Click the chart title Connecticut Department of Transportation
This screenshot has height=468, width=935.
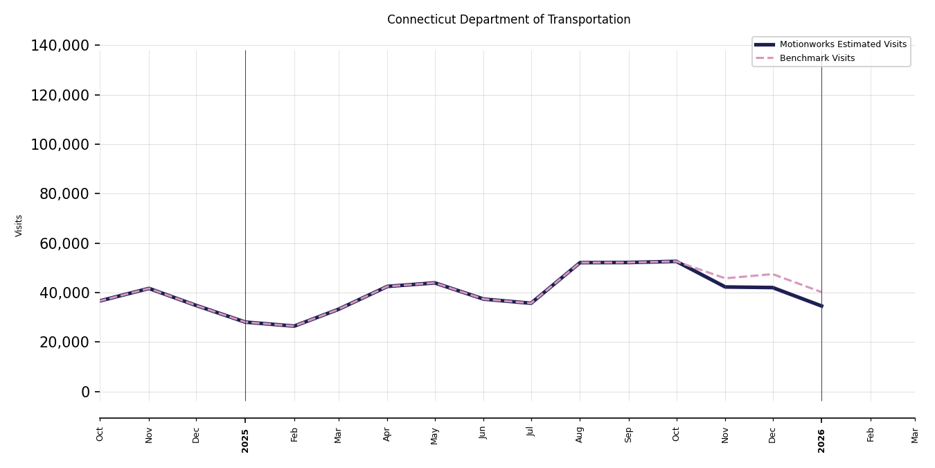(x=508, y=20)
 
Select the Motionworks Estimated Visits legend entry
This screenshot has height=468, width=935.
(x=842, y=44)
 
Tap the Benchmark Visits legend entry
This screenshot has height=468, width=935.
(x=817, y=58)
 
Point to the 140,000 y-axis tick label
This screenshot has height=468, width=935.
(x=60, y=46)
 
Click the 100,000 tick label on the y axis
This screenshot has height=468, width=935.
(x=60, y=144)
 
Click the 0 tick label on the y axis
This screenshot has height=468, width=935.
(x=86, y=392)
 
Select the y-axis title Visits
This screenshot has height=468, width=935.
(x=19, y=225)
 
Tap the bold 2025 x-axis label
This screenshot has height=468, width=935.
(x=245, y=440)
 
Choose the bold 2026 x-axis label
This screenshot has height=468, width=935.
(x=821, y=440)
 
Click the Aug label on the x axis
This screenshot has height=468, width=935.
(x=580, y=434)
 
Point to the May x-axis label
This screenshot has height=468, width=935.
(x=435, y=435)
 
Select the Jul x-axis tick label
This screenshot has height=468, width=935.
(x=531, y=431)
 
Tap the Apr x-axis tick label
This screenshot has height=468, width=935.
(x=387, y=434)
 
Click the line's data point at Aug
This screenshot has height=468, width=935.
(x=580, y=263)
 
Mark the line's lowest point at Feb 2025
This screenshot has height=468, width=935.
(x=294, y=326)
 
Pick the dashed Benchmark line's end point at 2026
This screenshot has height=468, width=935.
(x=821, y=293)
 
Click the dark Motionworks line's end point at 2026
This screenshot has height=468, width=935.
(x=821, y=306)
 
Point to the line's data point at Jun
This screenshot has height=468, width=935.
(x=483, y=299)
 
